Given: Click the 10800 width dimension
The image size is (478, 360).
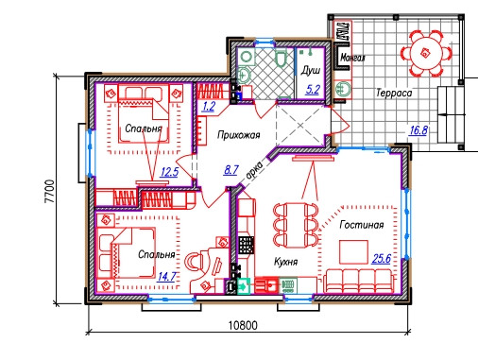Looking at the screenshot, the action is point(243,325).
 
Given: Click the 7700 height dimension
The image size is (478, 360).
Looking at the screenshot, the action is point(50,191).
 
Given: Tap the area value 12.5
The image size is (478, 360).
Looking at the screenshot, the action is point(169,172).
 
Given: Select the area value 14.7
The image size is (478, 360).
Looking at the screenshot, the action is point(166,277).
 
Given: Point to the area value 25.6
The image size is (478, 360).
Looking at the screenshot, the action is point(382,259).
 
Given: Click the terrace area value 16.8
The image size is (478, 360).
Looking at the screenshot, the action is point(418,129).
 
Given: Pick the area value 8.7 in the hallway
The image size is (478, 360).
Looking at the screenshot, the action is point(230,170).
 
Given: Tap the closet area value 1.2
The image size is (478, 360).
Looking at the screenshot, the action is point(209,107).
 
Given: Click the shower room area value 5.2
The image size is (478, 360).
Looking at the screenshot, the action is point(313,90).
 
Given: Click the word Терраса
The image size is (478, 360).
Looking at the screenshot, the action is point(394,93).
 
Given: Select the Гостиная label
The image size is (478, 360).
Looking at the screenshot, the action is point(362,225).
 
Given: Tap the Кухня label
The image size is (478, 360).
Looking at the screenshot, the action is point(286,262).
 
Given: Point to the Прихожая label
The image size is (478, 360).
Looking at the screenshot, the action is point(239,135).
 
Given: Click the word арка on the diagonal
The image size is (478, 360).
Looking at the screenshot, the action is point(254,172).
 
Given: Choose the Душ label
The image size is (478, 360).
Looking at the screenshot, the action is point(311,71).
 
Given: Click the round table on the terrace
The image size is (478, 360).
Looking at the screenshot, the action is point(425,53).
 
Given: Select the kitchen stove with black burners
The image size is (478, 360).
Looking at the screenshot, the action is point(246,246).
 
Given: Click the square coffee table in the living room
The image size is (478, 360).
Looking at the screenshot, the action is point(353,252).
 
